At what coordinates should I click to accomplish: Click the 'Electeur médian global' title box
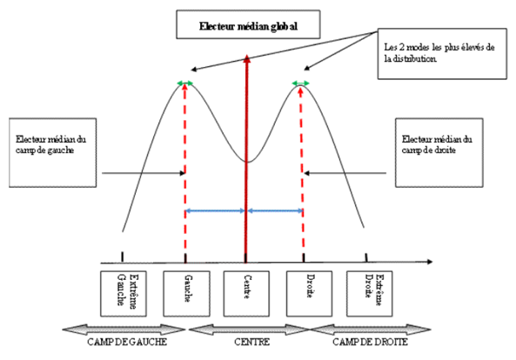pos(248,24)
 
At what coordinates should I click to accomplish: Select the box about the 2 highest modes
pos(442,54)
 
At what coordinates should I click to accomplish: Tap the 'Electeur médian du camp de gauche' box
pos(53,153)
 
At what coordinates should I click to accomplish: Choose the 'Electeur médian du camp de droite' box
pos(439,153)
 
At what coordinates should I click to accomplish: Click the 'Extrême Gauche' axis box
pos(124,294)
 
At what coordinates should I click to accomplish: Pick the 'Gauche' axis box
pos(186,294)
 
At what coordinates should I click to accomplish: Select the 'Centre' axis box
pos(246,294)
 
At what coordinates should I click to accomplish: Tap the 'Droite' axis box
pos(309,294)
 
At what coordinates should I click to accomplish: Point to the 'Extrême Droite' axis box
pos(369,294)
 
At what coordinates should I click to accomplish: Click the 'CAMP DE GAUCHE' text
pos(127,342)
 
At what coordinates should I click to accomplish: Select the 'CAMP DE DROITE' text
pos(370,342)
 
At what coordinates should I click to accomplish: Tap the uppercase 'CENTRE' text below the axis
pos(252,342)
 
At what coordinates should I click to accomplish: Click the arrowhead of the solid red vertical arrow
pos(247,58)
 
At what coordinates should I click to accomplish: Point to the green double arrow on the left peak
pos(185,83)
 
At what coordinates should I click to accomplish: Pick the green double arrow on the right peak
pos(301,83)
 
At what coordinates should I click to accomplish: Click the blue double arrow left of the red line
pos(215,210)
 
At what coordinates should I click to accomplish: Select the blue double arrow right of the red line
pos(275,210)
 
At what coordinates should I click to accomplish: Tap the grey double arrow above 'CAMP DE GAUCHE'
pos(124,330)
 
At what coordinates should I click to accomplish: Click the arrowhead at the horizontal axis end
pos(429,262)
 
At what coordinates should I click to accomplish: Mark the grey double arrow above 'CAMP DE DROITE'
pos(370,330)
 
